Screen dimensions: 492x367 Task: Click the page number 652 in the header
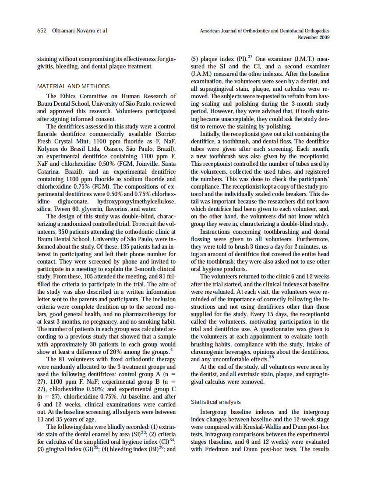coord(42,31)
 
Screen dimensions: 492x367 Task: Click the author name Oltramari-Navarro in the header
coord(72,31)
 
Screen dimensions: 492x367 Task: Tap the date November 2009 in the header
coord(314,37)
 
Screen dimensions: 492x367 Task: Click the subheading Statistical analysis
coord(215,402)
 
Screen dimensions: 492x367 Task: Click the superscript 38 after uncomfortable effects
coord(271,357)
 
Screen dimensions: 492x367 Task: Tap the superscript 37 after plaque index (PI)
coord(251,57)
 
